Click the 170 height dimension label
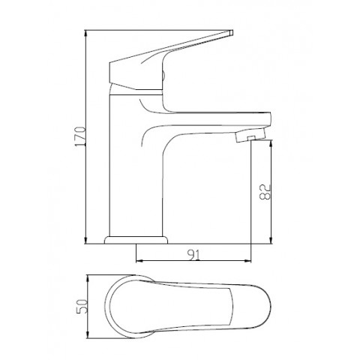tap(81, 136)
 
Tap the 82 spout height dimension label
tap(265, 192)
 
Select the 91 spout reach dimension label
tap(193, 255)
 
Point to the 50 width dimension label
tap(82, 306)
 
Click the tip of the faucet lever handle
tap(231, 33)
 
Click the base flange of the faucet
tap(136, 240)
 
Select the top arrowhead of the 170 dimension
tap(85, 33)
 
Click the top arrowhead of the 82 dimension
tap(271, 143)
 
